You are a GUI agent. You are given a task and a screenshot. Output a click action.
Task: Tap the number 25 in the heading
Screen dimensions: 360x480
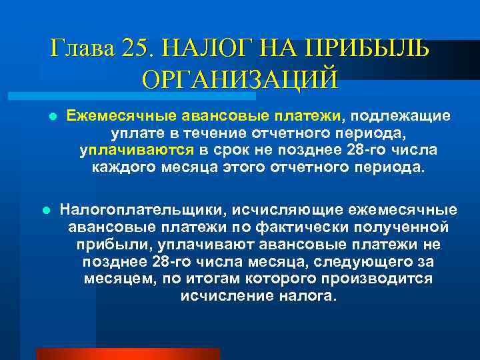(x=137, y=49)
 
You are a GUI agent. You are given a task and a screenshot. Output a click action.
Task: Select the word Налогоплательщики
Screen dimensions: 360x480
(x=141, y=209)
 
